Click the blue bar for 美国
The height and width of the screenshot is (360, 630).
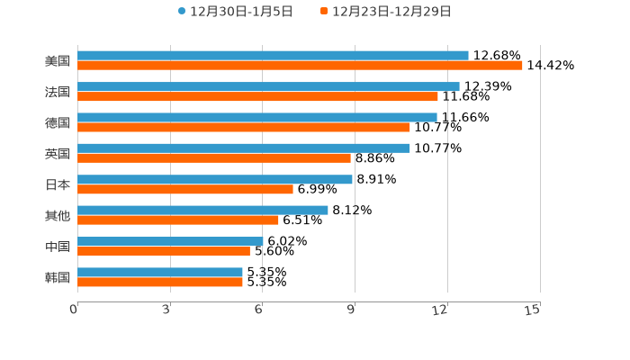(x=273, y=56)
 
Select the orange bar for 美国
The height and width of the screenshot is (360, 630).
(x=300, y=66)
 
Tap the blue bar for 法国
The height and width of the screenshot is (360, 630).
(x=268, y=86)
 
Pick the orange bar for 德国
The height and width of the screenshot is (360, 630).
(x=244, y=128)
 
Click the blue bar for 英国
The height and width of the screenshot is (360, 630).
(x=244, y=148)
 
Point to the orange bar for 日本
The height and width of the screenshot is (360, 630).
(x=185, y=189)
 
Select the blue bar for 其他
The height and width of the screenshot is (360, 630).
(x=202, y=210)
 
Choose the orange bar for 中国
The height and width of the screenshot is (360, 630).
(x=164, y=251)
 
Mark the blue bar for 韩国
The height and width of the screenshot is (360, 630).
(x=160, y=272)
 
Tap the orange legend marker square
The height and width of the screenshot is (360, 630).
(x=324, y=12)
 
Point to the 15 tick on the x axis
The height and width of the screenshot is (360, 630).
(x=533, y=310)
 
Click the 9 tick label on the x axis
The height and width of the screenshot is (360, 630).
(x=352, y=310)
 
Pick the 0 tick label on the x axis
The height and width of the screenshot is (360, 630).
(x=75, y=310)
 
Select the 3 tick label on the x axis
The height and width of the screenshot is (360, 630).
(x=167, y=310)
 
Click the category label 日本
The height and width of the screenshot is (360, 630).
(x=57, y=184)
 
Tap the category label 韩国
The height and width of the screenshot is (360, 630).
(x=57, y=277)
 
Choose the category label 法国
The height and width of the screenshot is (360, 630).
(x=57, y=92)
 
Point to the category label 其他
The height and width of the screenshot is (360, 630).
(x=57, y=215)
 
